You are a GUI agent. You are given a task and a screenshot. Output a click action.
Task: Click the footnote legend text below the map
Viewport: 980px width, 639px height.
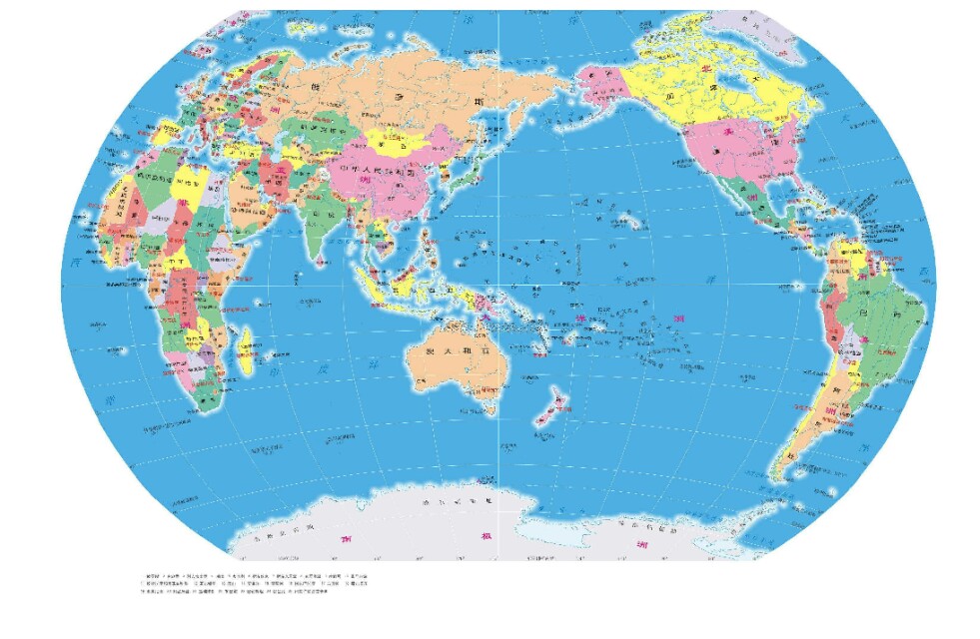click(250, 584)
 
